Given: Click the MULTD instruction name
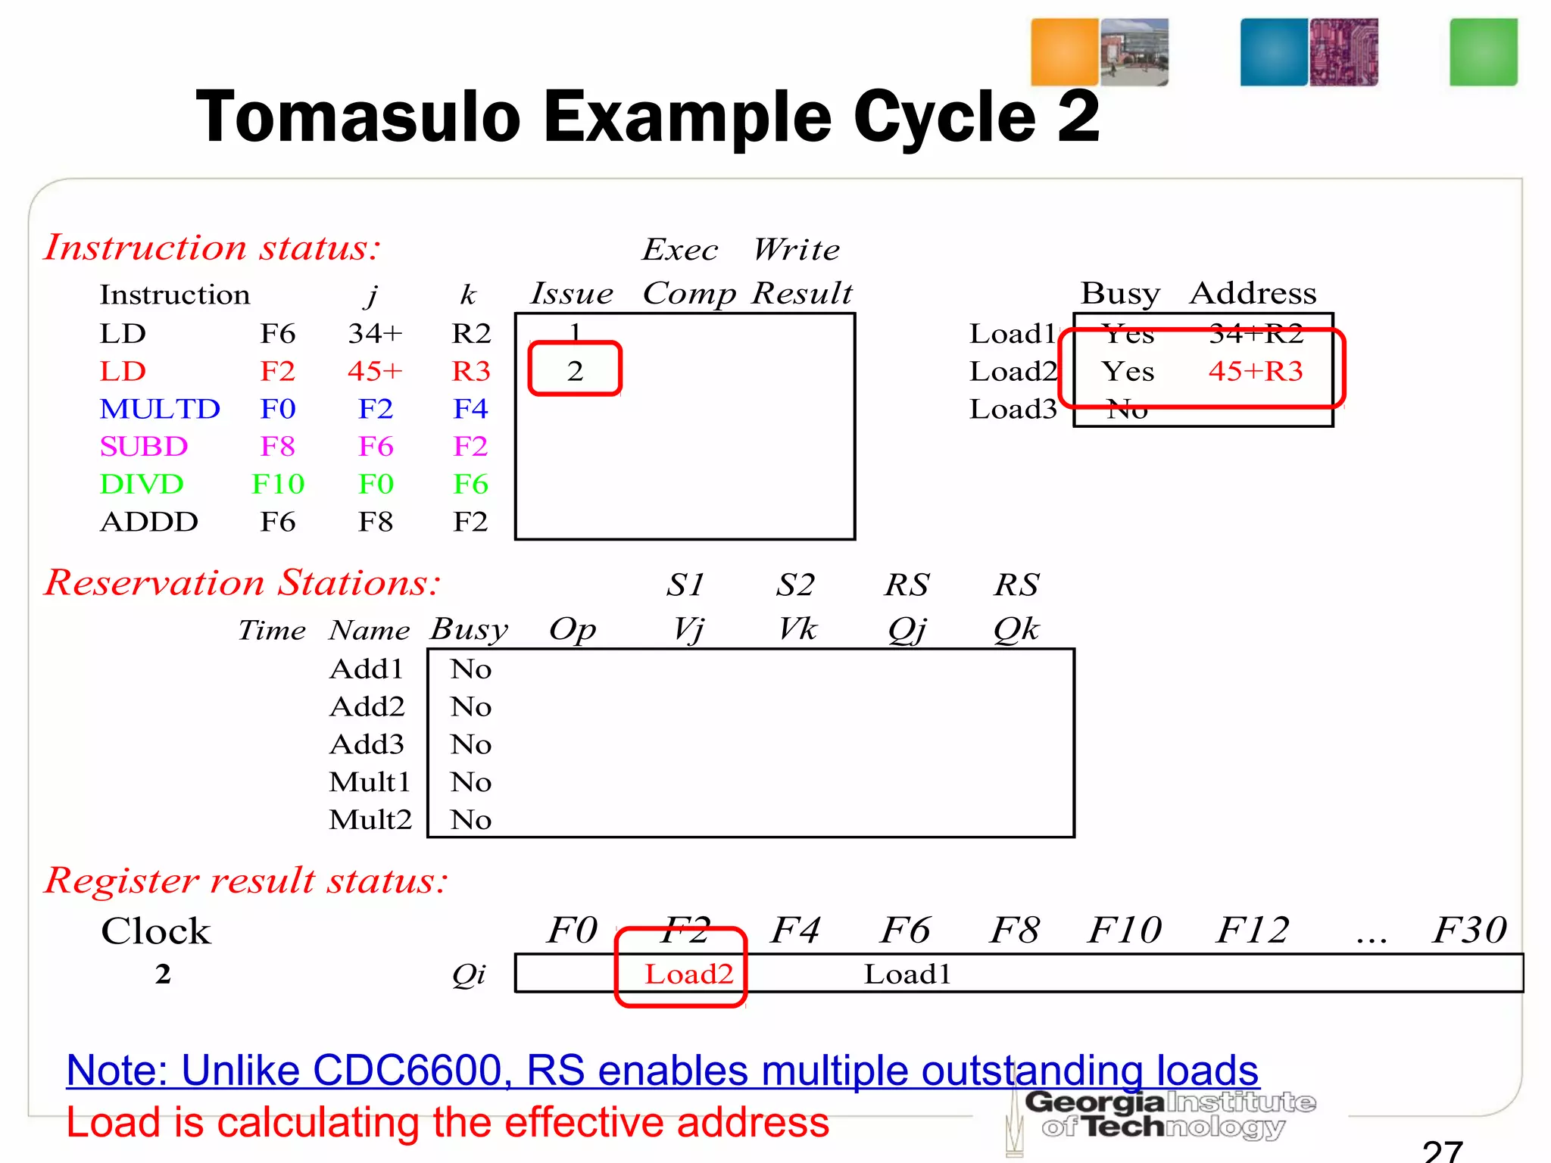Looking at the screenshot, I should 160,409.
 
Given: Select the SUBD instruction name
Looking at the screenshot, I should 144,447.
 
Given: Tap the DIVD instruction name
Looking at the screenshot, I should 142,485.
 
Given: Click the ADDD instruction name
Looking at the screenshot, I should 149,522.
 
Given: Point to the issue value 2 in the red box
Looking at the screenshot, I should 575,371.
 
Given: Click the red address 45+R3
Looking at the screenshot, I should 1256,371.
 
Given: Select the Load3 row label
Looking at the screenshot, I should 1013,409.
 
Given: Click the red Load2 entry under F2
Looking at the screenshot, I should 688,974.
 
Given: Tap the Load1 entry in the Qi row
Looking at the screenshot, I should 907,974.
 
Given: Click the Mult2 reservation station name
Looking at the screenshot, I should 370,819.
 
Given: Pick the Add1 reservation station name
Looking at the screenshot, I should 367,669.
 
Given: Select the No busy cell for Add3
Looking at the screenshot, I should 470,744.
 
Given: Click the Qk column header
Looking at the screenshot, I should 1016,629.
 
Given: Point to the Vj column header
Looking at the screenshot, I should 688,629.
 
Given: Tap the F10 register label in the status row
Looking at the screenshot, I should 1125,930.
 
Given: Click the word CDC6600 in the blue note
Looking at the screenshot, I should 407,1071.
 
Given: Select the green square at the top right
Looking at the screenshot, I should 1483,52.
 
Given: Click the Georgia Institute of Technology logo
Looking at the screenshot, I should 1170,1115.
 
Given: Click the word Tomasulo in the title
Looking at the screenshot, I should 357,117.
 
